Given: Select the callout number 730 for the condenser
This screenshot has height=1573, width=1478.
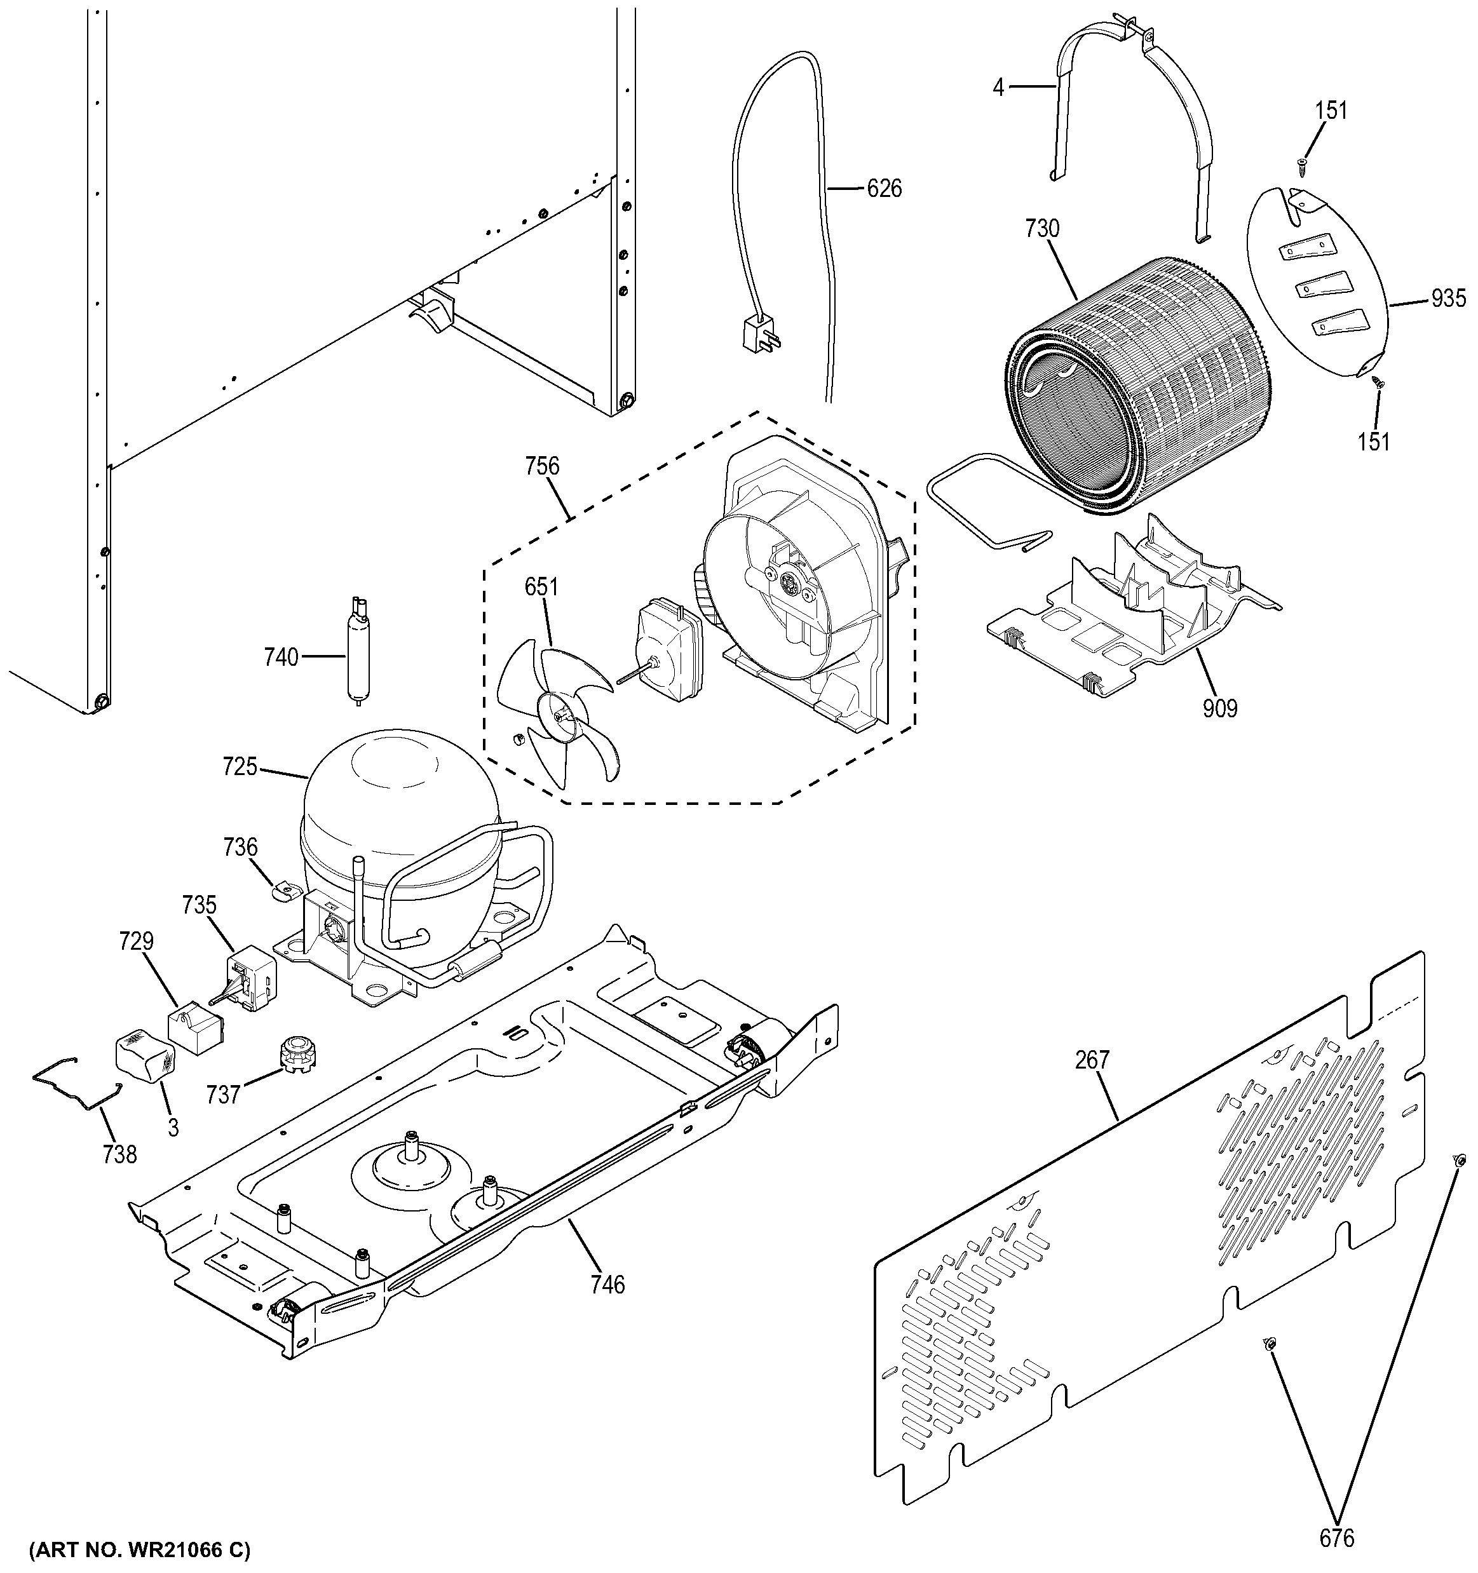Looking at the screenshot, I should tap(1041, 229).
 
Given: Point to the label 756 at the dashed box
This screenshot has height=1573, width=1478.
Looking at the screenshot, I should tap(542, 466).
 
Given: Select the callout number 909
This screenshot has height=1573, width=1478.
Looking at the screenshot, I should tap(1219, 708).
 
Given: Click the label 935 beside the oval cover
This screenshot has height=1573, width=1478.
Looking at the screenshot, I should tap(1448, 299).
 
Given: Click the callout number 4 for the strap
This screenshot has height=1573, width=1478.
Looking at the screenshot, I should tap(998, 88).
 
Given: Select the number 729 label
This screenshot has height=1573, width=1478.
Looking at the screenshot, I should tap(136, 941).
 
